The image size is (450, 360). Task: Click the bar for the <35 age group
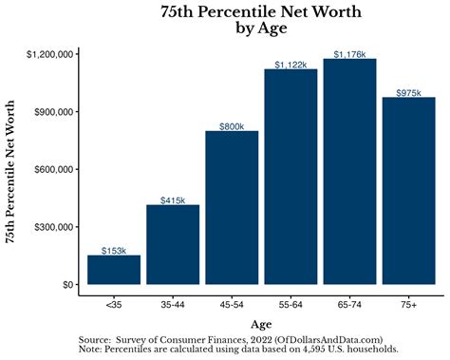114,270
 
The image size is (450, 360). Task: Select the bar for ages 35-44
173,244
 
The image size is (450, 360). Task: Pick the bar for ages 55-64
291,177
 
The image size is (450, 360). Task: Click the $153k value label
114,250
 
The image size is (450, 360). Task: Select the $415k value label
173,199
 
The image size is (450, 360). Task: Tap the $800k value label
232,125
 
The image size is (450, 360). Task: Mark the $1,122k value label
291,65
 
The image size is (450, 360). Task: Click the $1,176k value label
349,54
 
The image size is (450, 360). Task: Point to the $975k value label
408,92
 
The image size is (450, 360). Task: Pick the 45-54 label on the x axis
232,304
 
